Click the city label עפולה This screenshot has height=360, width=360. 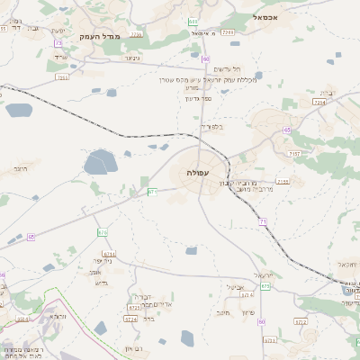point(198,171)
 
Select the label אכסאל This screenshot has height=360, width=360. point(271,17)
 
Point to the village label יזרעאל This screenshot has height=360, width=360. point(262,274)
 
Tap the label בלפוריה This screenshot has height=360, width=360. point(210,127)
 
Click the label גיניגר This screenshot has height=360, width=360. point(131,58)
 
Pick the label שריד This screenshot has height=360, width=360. point(62,58)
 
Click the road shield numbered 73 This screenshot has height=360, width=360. point(58,42)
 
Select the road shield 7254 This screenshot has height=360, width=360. point(319,103)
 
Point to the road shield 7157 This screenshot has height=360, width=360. point(295,154)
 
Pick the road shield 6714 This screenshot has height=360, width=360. point(109,254)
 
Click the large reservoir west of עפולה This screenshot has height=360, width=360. point(99,164)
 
